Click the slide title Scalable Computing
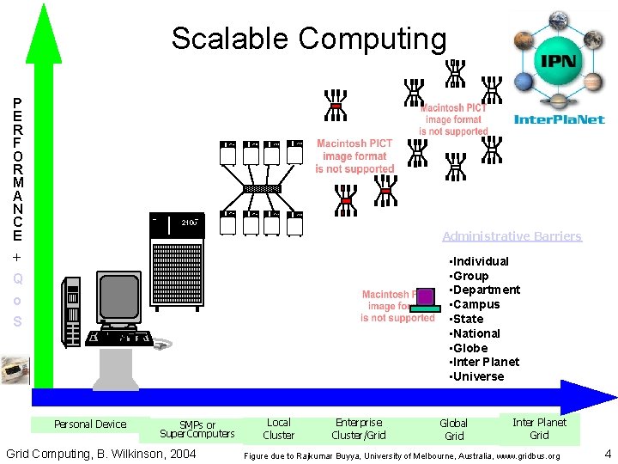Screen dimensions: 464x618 point(309,39)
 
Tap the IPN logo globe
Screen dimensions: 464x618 point(556,61)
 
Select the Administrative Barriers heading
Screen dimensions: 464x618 point(512,236)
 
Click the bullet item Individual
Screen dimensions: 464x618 point(480,261)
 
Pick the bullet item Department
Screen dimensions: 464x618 point(485,290)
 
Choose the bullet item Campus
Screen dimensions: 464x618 point(476,304)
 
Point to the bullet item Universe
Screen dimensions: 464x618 point(477,376)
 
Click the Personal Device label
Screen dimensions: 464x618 point(89,424)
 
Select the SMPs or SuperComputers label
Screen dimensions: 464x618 point(197,429)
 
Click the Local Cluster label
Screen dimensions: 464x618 point(278,428)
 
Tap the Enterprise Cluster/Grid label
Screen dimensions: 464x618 point(359,428)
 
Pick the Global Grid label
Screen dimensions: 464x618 point(453,429)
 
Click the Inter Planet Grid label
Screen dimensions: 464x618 point(539,428)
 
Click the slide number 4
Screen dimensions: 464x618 point(608,454)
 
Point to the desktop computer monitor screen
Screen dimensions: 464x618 point(118,297)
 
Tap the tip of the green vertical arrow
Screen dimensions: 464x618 point(43,7)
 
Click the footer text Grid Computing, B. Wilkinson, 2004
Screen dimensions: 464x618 point(100,454)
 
